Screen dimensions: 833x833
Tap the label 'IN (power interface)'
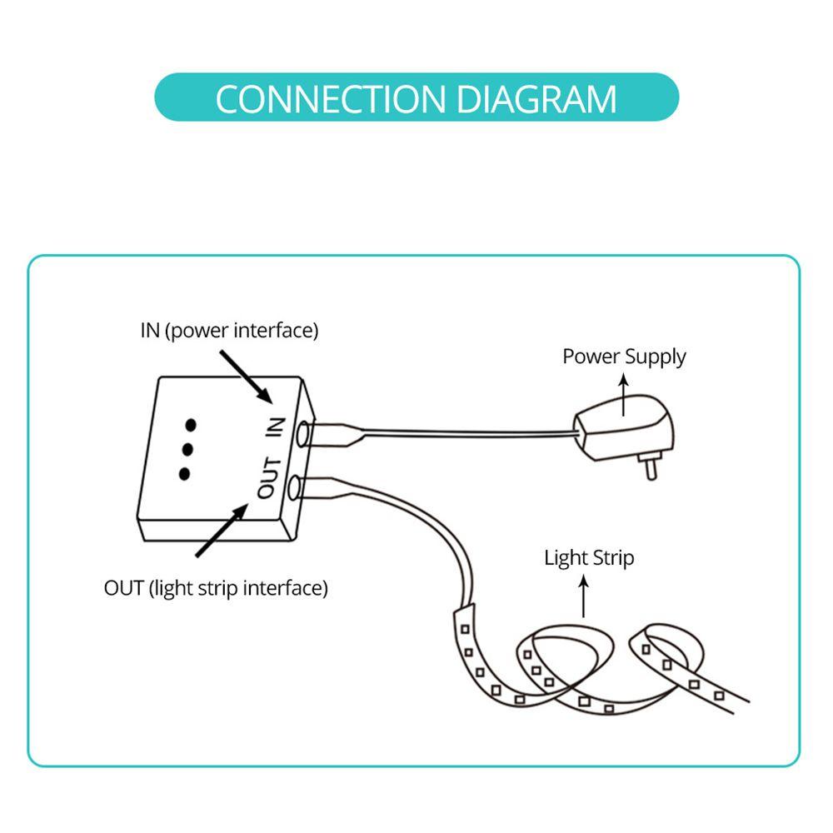click(229, 331)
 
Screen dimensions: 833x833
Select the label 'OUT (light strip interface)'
click(216, 588)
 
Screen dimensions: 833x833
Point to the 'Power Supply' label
click(624, 357)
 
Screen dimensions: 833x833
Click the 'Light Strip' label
click(589, 557)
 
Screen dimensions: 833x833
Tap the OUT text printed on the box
click(268, 477)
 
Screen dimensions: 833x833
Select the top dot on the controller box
click(192, 425)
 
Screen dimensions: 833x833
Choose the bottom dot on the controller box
click(184, 474)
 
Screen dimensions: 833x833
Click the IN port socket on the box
click(304, 434)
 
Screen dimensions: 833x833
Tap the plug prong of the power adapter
click(649, 467)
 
